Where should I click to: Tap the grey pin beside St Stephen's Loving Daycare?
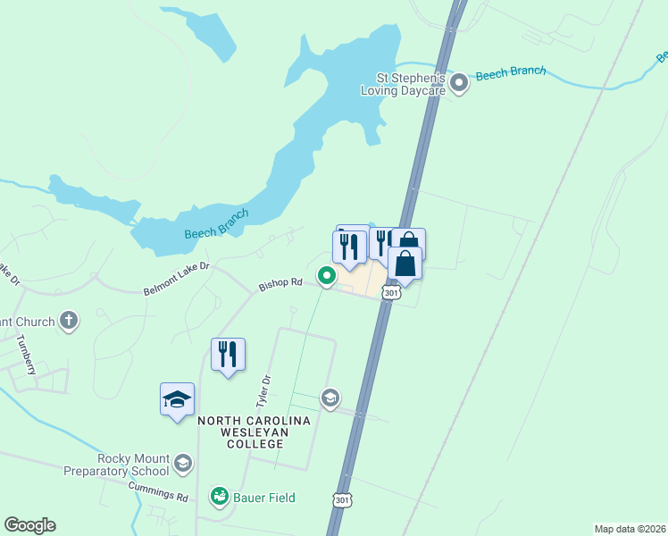460,84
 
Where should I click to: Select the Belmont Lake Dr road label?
176,279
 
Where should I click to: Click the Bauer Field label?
264,497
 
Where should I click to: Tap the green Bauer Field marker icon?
218,495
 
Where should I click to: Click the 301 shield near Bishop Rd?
390,293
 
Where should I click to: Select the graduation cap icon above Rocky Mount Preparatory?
177,398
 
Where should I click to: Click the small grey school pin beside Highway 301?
330,397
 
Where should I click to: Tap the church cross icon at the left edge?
69,321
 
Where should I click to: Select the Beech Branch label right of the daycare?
510,73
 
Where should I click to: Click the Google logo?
30,524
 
